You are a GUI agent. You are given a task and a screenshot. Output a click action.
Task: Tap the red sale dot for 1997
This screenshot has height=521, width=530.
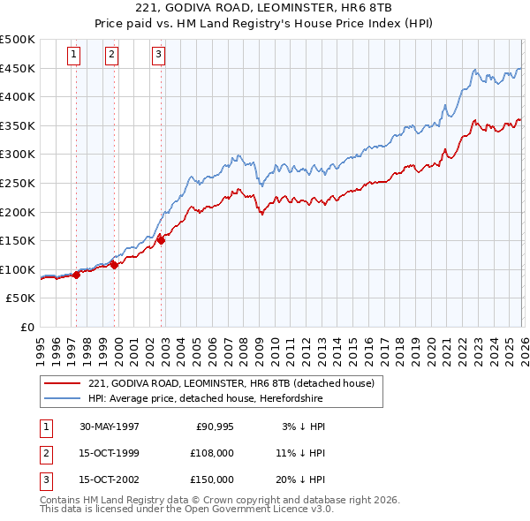pos(77,275)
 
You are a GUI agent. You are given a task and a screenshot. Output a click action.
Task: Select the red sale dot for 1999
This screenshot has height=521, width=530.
pos(114,264)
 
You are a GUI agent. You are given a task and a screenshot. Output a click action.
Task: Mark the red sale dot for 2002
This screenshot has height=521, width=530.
pos(161,239)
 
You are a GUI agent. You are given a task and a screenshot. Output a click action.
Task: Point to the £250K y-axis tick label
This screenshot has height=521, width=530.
pos(18,183)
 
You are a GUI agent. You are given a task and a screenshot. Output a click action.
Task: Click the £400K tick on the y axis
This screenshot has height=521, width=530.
pos(18,97)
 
